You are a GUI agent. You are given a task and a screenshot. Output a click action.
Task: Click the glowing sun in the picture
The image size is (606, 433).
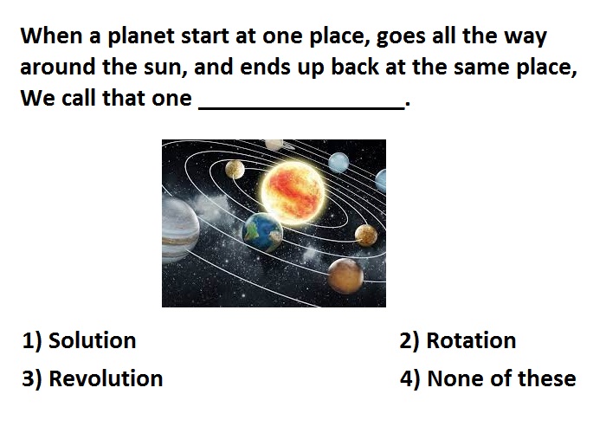293,192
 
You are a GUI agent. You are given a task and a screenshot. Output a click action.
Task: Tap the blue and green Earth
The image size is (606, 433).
263,232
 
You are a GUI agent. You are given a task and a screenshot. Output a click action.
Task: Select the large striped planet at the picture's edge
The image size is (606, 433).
180,229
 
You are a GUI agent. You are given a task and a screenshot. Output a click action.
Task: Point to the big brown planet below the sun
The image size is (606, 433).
345,275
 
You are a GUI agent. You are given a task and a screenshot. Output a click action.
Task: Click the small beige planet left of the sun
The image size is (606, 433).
235,170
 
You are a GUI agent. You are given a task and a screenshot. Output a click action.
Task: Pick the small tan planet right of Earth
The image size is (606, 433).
365,235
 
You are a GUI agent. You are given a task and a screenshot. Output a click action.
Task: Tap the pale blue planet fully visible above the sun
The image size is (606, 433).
338,162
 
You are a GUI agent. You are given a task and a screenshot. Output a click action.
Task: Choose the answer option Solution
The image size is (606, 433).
80,340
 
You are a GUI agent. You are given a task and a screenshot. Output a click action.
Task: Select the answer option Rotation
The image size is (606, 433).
458,340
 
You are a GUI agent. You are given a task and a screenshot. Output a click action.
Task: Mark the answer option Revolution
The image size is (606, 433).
93,378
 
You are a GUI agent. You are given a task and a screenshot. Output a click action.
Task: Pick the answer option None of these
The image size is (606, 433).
488,378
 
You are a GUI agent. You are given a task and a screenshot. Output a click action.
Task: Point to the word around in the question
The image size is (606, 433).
58,67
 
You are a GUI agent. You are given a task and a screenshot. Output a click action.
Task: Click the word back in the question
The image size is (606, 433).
355,67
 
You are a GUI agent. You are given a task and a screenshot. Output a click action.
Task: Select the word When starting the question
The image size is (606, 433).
51,36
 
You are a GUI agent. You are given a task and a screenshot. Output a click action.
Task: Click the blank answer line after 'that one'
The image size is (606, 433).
301,109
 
